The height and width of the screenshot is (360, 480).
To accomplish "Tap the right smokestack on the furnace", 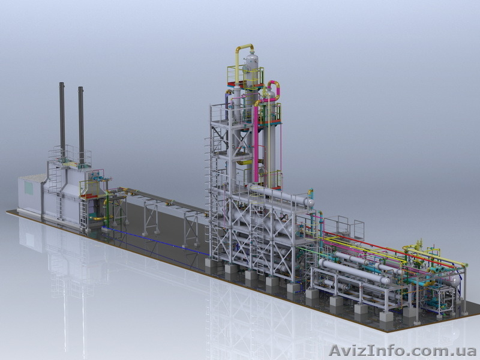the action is click(x=81, y=125).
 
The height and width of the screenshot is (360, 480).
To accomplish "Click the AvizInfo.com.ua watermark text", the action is click(x=402, y=350).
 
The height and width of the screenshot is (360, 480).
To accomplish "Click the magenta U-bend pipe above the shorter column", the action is click(x=275, y=89).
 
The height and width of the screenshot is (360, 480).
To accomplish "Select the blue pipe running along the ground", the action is click(x=156, y=241).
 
